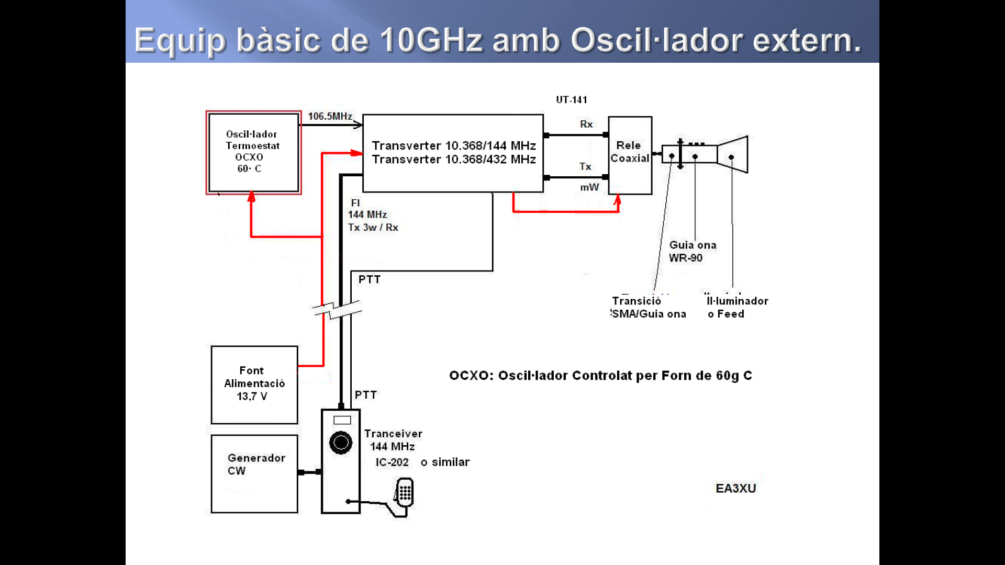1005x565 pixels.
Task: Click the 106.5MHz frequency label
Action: coord(330,116)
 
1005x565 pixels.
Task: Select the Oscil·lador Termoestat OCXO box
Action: coord(253,152)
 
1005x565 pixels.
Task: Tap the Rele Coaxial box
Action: coord(630,155)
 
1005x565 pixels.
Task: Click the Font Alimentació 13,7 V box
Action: coord(254,385)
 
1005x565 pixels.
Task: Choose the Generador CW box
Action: coord(254,473)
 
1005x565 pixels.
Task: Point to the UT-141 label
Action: coord(572,99)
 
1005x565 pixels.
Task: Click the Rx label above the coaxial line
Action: coord(586,124)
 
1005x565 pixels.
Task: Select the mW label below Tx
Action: coord(589,187)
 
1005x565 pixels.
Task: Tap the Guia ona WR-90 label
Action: coord(692,251)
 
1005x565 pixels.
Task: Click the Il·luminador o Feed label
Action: coord(737,307)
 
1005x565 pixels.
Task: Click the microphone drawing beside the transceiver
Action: coord(405,493)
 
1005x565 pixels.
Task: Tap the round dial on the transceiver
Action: coord(341,443)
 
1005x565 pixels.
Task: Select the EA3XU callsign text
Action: coord(735,488)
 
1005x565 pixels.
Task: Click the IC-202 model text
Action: coord(392,462)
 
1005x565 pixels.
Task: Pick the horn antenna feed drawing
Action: coord(732,155)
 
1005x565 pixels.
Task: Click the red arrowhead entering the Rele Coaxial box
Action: coord(618,200)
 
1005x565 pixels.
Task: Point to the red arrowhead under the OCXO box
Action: coord(251,197)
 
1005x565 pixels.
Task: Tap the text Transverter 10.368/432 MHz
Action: coord(453,159)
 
